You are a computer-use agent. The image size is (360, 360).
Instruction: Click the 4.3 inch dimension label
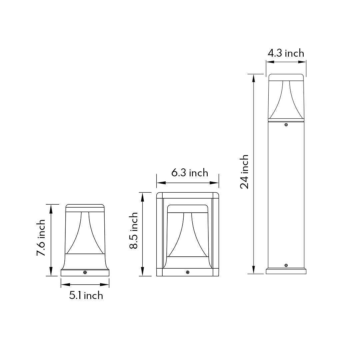pos(286,53)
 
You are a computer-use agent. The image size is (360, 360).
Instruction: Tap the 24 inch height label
pos(244,172)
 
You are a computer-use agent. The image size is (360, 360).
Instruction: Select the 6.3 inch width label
pos(190,173)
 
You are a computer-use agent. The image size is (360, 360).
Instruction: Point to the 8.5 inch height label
pos(133,231)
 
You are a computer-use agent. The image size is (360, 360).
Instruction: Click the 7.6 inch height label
pos(41,238)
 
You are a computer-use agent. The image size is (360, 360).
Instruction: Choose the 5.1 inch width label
pos(86,295)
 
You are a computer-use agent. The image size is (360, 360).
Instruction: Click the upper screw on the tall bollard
pos(286,125)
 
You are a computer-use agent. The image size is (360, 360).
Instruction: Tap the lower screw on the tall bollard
pos(286,265)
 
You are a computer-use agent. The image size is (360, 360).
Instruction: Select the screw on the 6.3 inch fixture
pos(188,272)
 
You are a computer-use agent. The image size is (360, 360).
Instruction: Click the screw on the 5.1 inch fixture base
pos(85,273)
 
